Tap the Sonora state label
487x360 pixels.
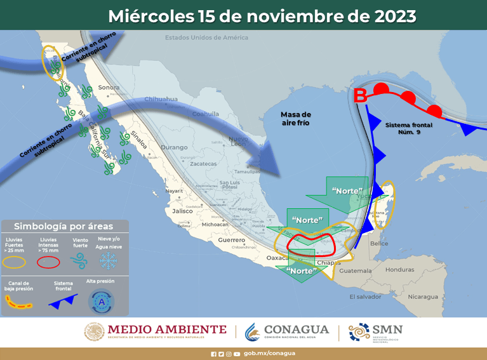[109, 88]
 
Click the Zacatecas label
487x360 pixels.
[204, 164]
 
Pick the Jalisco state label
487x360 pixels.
[182, 211]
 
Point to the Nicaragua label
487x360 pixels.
[422, 297]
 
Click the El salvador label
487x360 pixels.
[365, 297]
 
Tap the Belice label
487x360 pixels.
[379, 243]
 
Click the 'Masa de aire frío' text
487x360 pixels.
[295, 118]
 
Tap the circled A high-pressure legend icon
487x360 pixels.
[101, 302]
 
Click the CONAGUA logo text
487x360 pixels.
[297, 330]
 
